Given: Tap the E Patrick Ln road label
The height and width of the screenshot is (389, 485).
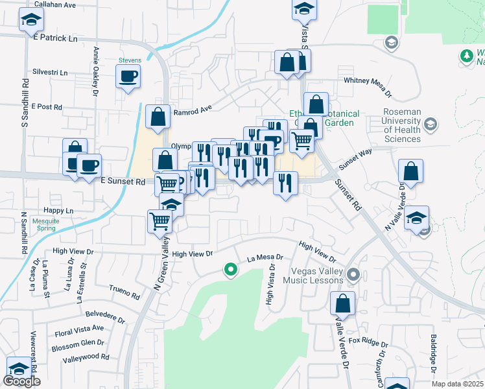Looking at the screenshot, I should point(54,38).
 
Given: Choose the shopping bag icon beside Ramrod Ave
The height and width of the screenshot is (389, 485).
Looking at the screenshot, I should point(158,117).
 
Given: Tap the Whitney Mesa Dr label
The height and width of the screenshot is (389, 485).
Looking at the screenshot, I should point(371,82).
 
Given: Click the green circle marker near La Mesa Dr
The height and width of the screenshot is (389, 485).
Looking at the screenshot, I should point(230,269).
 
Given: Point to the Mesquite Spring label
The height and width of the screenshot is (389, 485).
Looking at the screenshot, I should point(46,224).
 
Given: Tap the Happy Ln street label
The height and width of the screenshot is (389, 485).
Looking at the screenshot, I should point(58,211).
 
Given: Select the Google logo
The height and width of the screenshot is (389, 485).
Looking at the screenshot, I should point(22,381).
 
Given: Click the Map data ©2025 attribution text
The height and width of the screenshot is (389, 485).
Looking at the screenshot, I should point(457,384).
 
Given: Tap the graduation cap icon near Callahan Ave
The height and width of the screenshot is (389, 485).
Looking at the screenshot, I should point(29,21).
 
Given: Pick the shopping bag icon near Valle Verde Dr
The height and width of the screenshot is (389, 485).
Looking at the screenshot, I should point(342,303).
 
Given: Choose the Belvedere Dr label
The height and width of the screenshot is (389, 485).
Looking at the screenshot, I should point(104,316).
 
